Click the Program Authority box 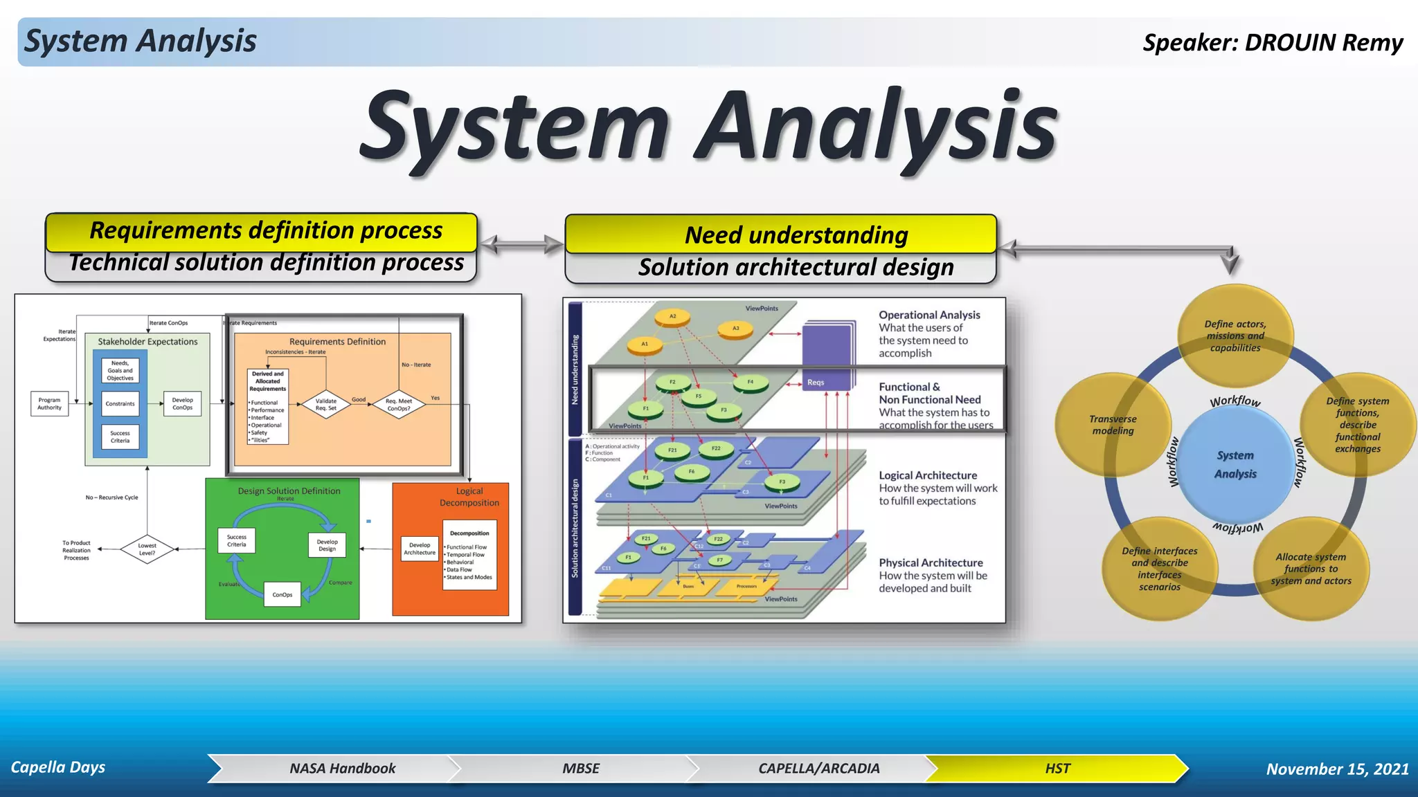click(x=49, y=403)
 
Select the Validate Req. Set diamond click(x=326, y=404)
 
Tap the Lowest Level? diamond click(x=147, y=549)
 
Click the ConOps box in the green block click(x=282, y=594)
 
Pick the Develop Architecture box click(x=420, y=549)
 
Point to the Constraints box click(x=120, y=403)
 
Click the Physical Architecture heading click(x=931, y=563)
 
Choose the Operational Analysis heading click(x=929, y=315)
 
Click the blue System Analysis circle click(x=1235, y=464)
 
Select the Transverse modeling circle click(x=1112, y=425)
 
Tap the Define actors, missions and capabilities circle click(x=1235, y=336)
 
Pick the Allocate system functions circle click(x=1310, y=569)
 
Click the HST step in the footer click(x=1057, y=769)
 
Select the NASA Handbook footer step click(x=342, y=769)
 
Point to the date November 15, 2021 click(x=1337, y=769)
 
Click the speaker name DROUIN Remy click(x=1323, y=43)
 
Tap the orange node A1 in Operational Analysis click(x=645, y=344)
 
